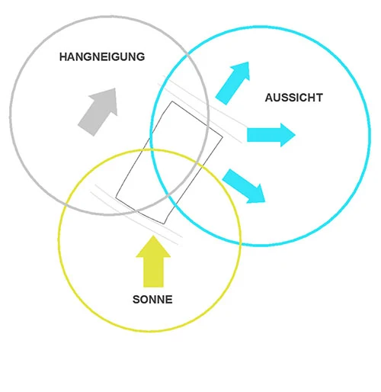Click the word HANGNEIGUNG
tap(102, 56)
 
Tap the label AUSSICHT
tap(294, 98)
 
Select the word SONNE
tap(152, 300)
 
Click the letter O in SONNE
tap(145, 300)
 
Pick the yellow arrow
tap(153, 262)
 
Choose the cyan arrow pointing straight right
tap(271, 135)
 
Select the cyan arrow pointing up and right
tap(233, 82)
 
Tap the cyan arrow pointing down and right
tap(244, 186)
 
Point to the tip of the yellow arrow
tap(153, 236)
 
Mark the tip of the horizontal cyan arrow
tap(296, 135)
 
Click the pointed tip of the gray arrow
tap(115, 88)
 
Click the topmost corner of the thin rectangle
tap(172, 101)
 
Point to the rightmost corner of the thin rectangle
tap(223, 137)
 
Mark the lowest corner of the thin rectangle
tap(164, 224)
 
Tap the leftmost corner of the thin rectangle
tap(116, 198)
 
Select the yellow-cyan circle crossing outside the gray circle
tap(240, 243)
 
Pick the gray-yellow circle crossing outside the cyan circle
tap(66, 204)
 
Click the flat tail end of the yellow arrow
tap(153, 287)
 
